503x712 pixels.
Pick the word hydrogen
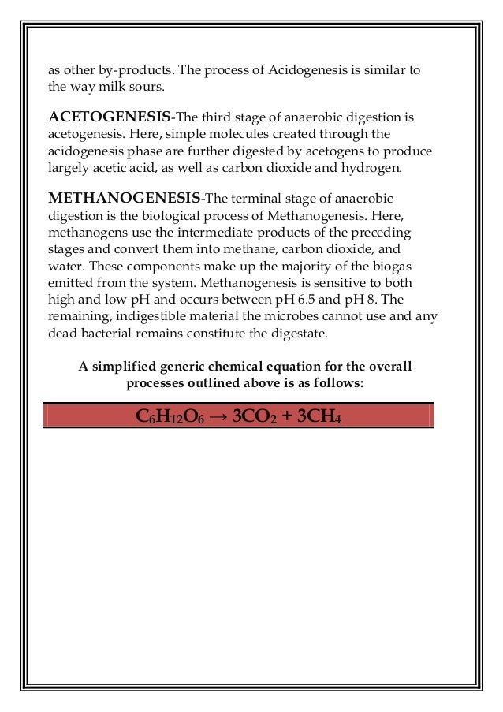tap(373, 167)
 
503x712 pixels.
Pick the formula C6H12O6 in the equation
tap(170, 416)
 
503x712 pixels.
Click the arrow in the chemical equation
tap(218, 416)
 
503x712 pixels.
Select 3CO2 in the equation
tap(251, 416)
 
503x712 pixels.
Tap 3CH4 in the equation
tap(316, 416)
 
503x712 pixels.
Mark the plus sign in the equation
tap(284, 416)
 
